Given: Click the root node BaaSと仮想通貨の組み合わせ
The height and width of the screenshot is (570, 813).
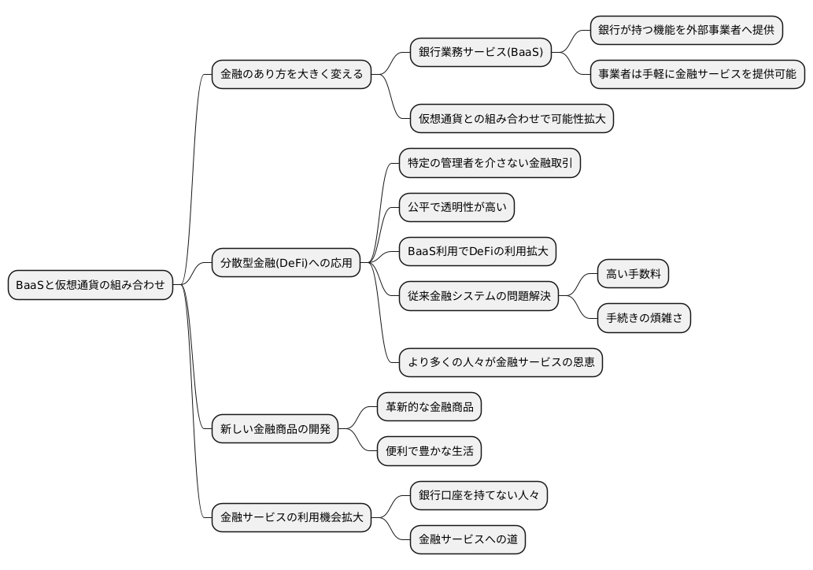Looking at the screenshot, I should pos(91,285).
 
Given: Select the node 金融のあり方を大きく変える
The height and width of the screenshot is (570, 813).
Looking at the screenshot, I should pos(291,74).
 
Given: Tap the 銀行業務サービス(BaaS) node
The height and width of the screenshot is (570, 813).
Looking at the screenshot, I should pos(480,52).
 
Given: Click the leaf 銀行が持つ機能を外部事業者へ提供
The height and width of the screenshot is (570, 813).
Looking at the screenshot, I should pos(686,30).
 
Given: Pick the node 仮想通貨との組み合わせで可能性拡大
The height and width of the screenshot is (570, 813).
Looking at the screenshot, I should pos(512,119).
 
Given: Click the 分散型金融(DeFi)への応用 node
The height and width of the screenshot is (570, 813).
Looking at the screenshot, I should pos(286,263).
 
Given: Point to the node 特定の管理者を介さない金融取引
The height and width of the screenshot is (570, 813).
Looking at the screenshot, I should pos(490,163).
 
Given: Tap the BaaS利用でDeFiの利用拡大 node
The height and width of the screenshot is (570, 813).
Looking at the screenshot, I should pos(478,252).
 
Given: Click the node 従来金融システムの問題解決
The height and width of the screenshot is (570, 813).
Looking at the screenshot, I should pos(479,296).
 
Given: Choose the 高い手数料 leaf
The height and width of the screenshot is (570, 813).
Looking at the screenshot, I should pos(634,274).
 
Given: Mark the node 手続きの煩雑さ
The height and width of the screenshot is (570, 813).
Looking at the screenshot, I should pos(644,318).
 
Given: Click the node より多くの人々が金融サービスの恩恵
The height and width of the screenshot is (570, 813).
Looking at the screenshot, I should pos(501,362).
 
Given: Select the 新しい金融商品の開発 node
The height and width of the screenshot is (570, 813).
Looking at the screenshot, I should pos(275,429).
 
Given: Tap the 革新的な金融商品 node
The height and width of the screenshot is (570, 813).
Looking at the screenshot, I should pos(429,407).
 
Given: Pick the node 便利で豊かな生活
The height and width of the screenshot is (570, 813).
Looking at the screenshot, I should pos(429,451).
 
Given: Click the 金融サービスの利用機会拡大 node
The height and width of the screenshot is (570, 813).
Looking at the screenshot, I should pos(291,517).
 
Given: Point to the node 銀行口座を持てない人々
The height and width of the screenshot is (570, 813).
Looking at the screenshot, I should pos(479,495).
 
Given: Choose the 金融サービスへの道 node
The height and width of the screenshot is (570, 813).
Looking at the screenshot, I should pos(467,539).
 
